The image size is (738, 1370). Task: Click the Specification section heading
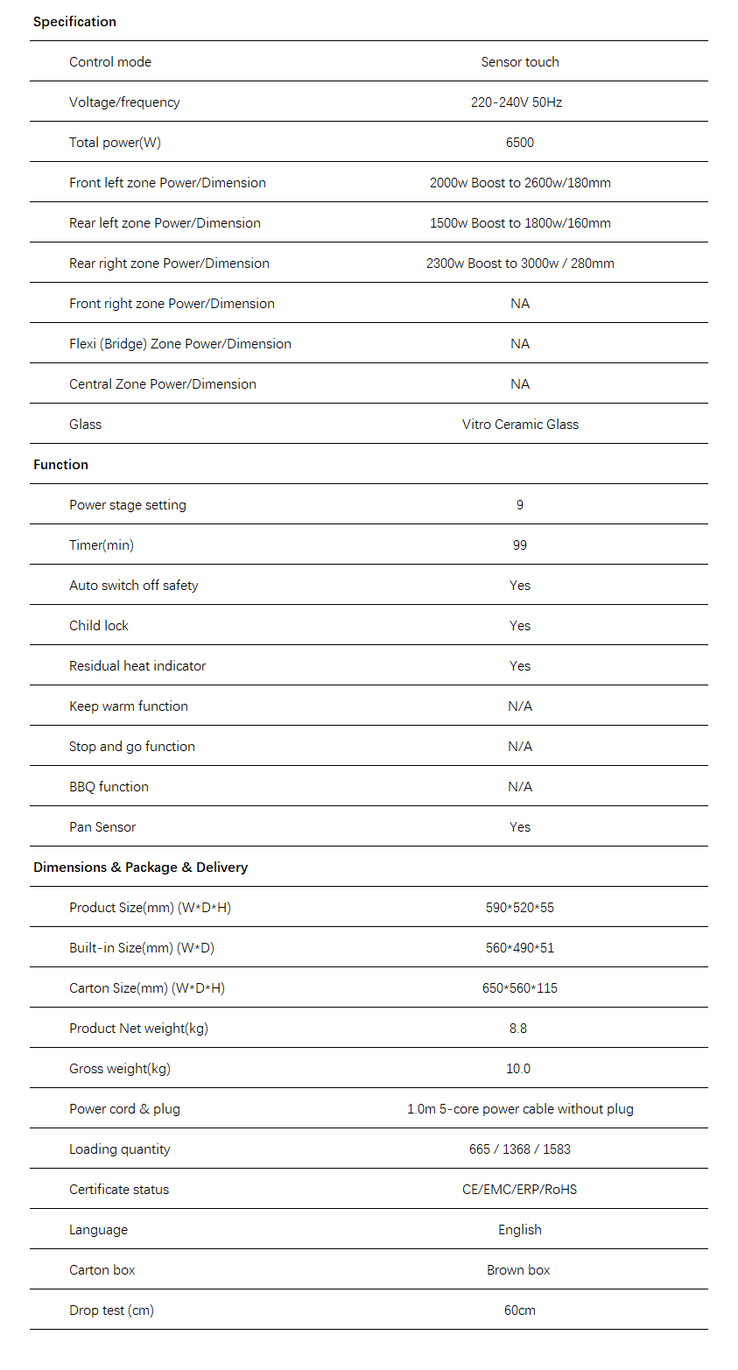coord(74,22)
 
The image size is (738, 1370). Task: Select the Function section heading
coord(60,465)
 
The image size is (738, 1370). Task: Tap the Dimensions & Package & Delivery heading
coord(140,868)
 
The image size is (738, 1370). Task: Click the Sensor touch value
coord(520,62)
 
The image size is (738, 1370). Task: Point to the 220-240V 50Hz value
coord(517,102)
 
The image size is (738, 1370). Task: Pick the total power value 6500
coord(520,143)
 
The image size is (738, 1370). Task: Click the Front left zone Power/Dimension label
coord(167,183)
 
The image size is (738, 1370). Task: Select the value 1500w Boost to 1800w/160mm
coord(520,223)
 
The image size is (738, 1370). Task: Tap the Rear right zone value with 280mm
coord(520,263)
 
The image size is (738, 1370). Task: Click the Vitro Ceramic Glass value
coord(520,425)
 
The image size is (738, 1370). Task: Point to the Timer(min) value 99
coord(520,545)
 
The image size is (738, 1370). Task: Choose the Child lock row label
coord(99,626)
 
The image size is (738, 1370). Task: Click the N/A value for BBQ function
coord(520,787)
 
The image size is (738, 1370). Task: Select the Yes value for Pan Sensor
coord(520,827)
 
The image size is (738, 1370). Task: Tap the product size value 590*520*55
coord(520,908)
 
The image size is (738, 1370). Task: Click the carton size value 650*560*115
coord(520,988)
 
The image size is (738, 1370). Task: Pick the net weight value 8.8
coord(518,1029)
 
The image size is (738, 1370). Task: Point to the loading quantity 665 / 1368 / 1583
coord(520,1149)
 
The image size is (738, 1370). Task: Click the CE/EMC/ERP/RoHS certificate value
coord(520,1190)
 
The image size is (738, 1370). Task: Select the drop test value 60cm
coord(520,1310)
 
